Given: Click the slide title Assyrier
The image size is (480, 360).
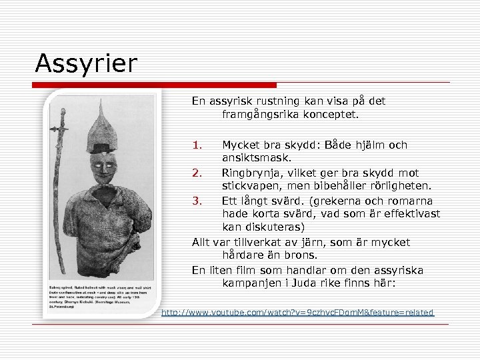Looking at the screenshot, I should pyautogui.click(x=86, y=64).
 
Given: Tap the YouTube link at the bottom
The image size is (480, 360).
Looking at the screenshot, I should pyautogui.click(x=297, y=312).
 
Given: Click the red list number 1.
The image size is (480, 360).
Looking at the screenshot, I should pyautogui.click(x=197, y=145).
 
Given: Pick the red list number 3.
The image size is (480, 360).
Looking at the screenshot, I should pyautogui.click(x=197, y=201).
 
